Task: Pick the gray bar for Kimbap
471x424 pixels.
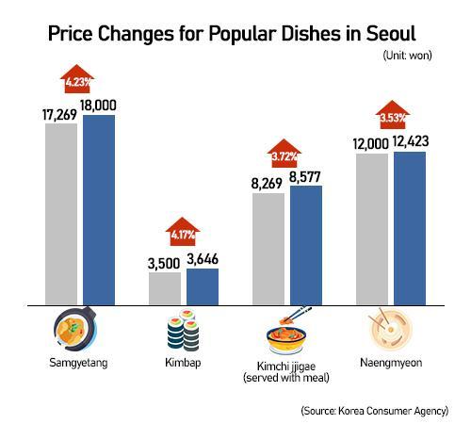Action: pos(165,288)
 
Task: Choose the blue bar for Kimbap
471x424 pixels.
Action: pos(203,286)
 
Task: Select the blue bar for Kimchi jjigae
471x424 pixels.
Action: pos(306,245)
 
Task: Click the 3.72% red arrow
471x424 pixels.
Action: pos(287,153)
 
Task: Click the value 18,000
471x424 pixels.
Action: pos(99,105)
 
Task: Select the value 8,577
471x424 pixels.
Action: pos(307,175)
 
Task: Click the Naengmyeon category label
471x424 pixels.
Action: pos(391,362)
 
